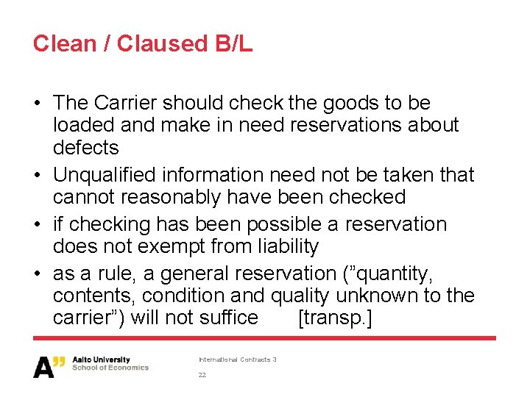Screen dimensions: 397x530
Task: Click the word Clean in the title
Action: coord(63,43)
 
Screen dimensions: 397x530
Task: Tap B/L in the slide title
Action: coord(234,43)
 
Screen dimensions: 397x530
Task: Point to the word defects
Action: coord(85,148)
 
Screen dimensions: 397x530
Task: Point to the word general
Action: coord(194,273)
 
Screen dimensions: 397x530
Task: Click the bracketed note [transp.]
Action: coord(335,318)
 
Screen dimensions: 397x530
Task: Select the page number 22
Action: coord(202,375)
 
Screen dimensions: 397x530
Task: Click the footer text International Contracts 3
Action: coord(237,360)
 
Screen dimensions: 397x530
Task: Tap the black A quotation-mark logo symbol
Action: coord(49,365)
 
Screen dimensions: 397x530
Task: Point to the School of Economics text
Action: coord(110,368)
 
